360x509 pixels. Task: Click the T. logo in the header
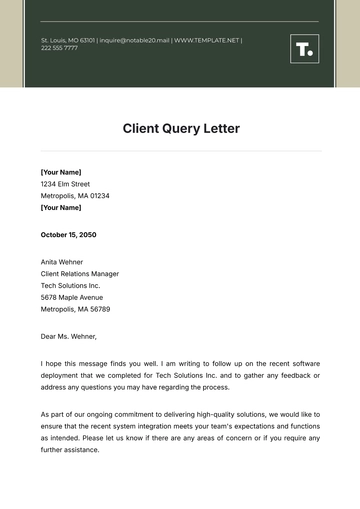304,49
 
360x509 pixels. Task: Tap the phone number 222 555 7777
59,48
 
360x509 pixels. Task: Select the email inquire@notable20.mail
133,40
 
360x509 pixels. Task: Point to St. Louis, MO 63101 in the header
67,40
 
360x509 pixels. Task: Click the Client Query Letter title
181,129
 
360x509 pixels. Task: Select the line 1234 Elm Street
65,184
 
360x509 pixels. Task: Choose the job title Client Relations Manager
80,273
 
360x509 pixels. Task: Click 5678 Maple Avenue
72,297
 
